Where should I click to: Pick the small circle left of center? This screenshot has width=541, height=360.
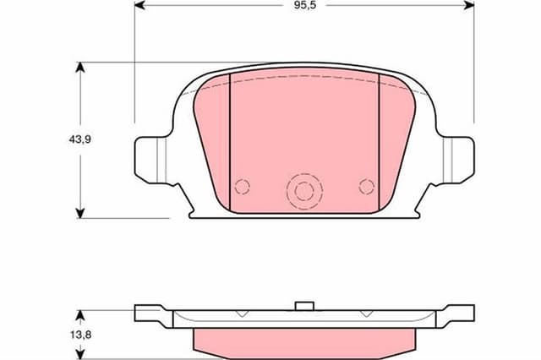click(243, 187)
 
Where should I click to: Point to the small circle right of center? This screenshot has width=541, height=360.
click(366, 186)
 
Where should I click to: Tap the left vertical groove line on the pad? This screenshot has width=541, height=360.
click(230, 139)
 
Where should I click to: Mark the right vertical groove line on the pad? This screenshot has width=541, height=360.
click(379, 139)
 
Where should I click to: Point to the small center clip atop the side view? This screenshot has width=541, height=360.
click(304, 305)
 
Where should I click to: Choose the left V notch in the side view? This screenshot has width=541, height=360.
click(242, 314)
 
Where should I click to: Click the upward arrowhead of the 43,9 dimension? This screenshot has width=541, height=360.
click(80, 67)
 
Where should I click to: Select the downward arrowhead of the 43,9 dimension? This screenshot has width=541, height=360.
click(80, 213)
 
